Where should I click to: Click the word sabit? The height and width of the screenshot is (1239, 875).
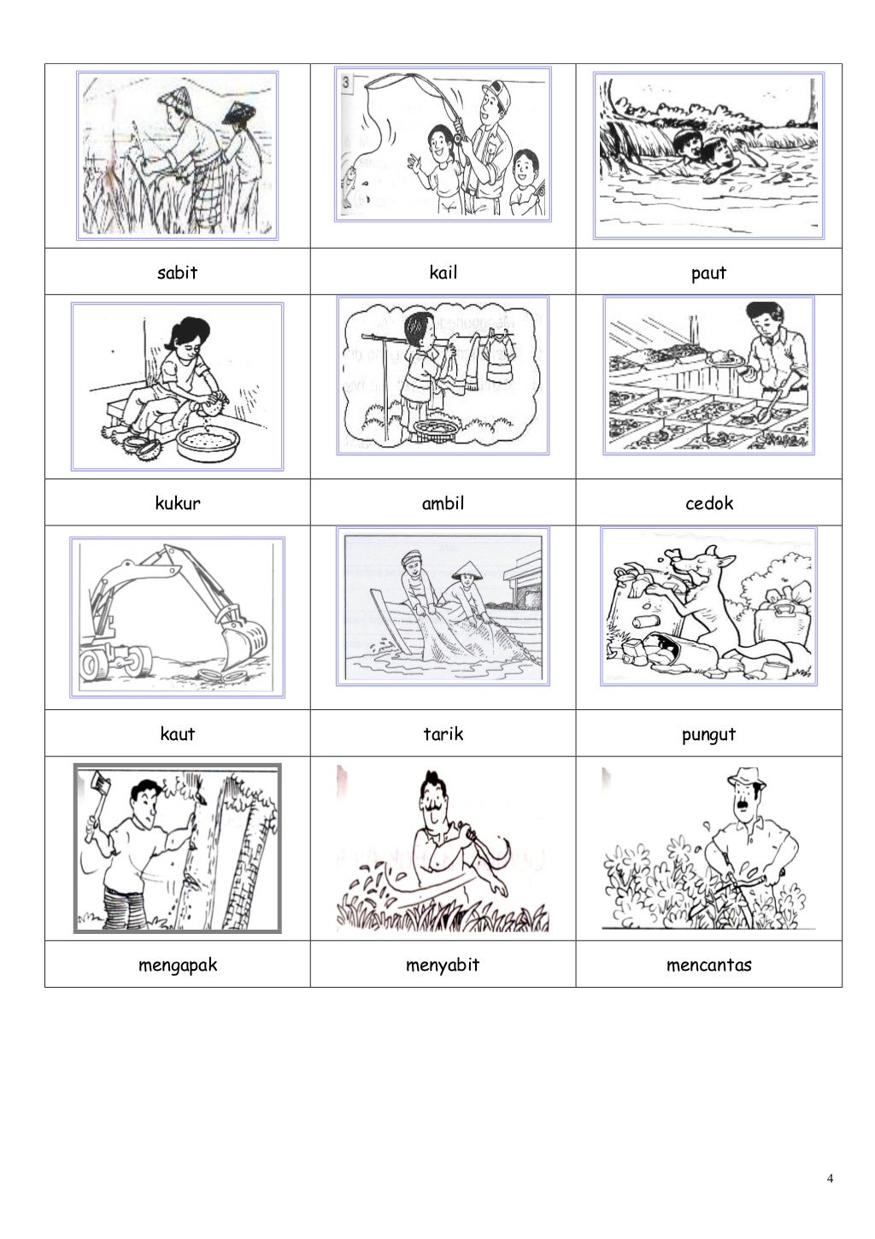pos(177,272)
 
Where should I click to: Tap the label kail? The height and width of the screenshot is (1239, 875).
pos(443,272)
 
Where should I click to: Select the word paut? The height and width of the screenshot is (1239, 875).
pos(708,273)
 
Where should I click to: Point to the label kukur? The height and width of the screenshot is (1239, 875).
pos(177,502)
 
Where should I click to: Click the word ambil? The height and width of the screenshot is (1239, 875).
pos(443,502)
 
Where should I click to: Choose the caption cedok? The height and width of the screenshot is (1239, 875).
pos(708,502)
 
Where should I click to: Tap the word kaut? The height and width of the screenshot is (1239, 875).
pos(177,734)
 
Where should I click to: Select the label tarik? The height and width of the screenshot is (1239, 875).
pos(443,734)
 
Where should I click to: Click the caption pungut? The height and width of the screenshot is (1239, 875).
pos(708,735)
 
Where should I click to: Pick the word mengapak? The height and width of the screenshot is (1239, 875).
pos(177,966)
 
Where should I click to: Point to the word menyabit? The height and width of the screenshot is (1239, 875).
pos(443,966)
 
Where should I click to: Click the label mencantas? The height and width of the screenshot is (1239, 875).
pos(708,966)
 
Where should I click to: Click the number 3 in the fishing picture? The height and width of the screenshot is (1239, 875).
pos(346,82)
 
